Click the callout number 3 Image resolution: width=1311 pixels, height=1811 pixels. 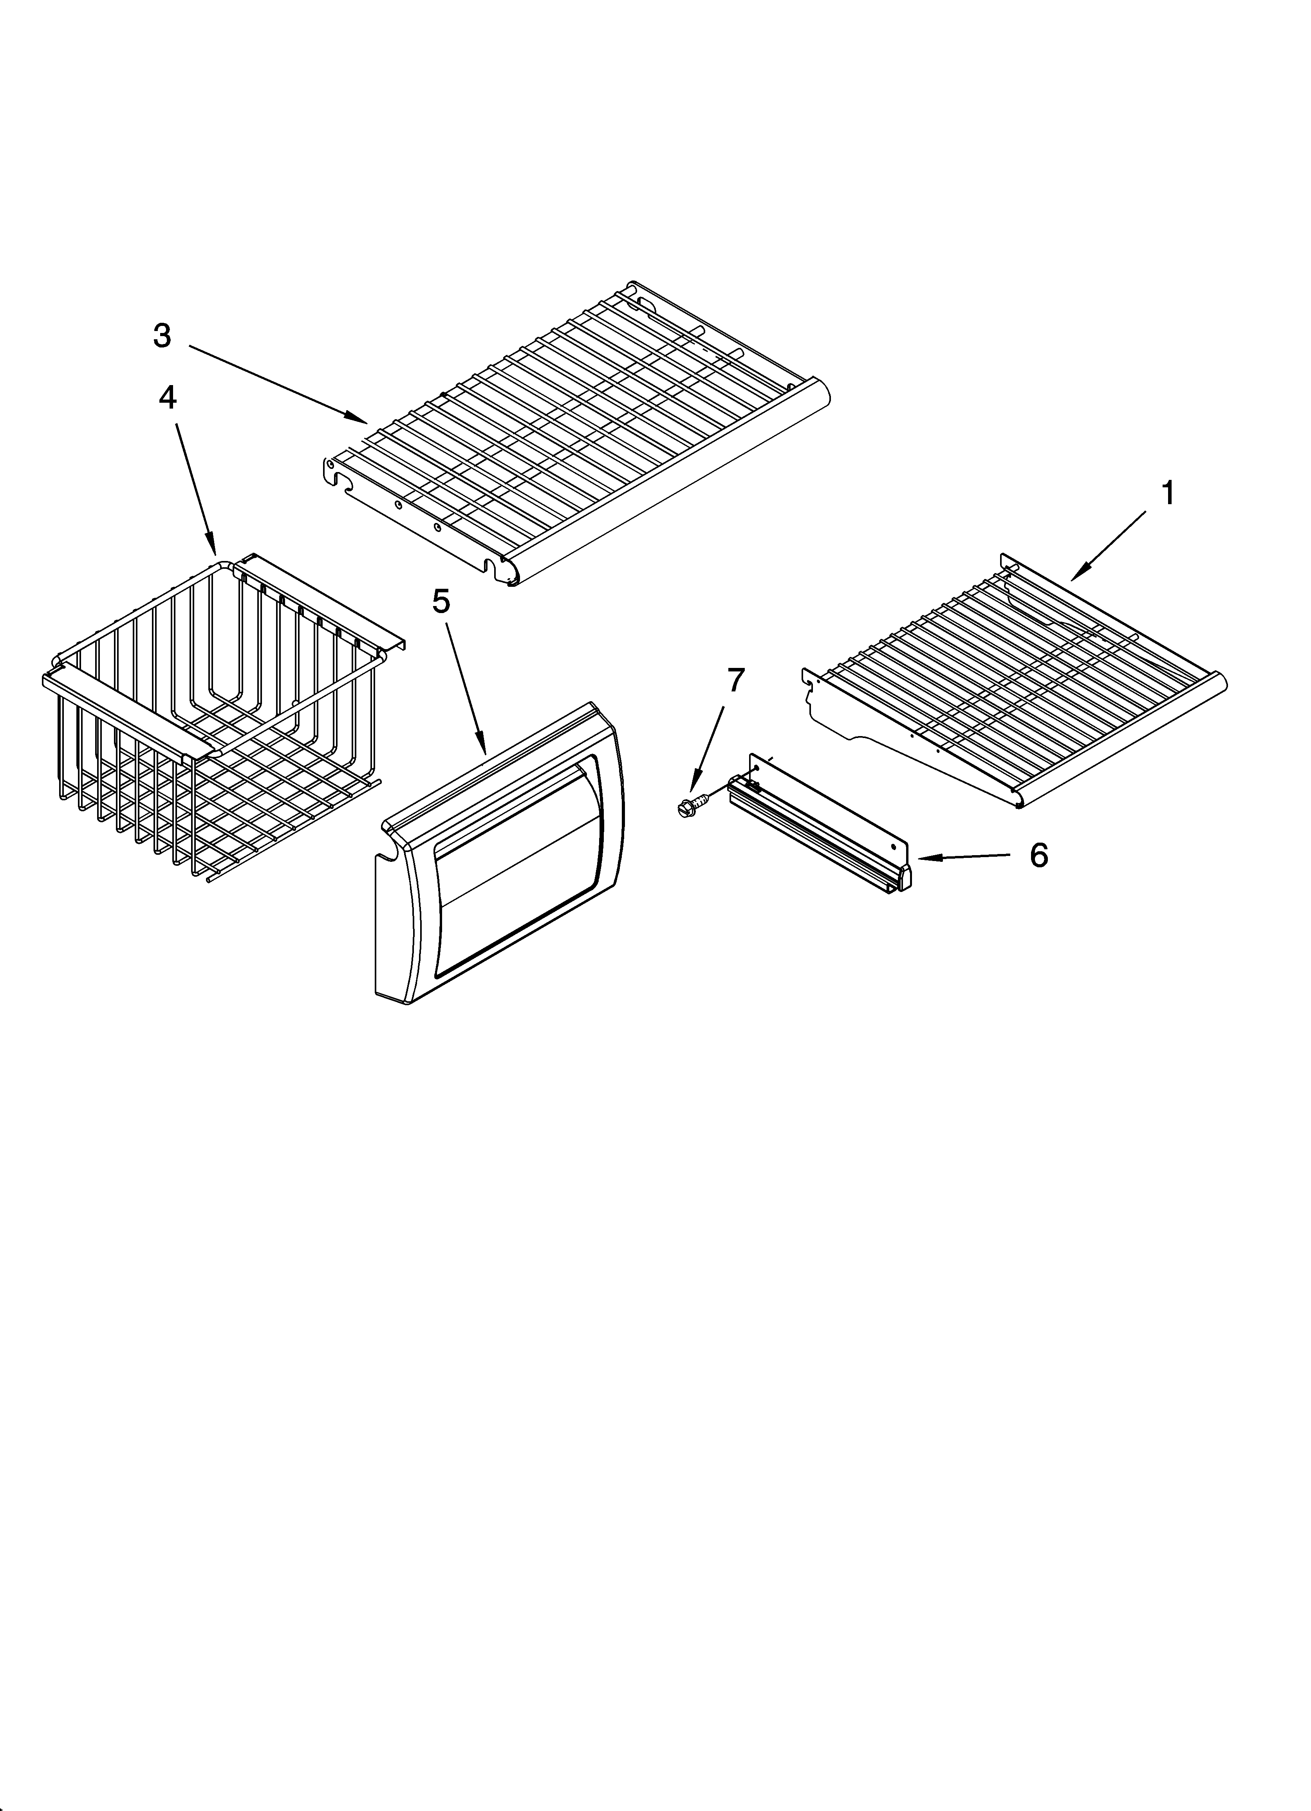(162, 336)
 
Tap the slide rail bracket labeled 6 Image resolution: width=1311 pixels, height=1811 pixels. (822, 823)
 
